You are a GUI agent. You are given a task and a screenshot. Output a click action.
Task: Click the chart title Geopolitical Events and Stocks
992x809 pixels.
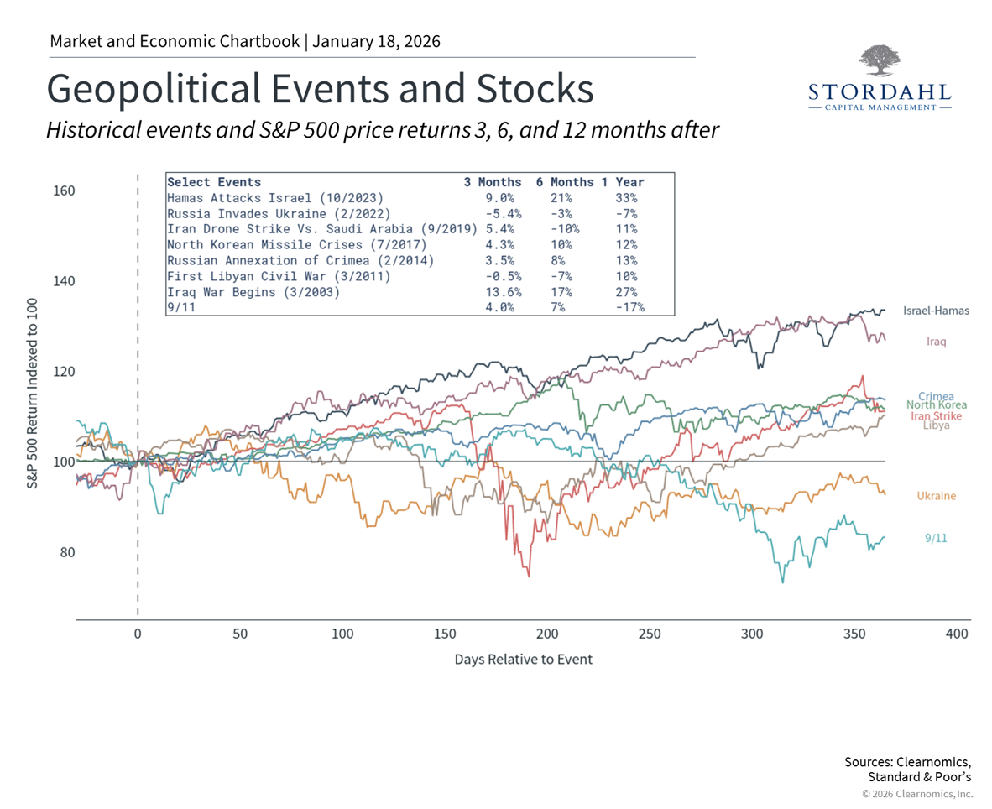click(x=320, y=89)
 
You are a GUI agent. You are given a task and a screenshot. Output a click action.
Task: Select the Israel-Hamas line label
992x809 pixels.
click(x=935, y=311)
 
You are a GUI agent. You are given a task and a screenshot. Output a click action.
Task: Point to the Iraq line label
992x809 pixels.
click(x=937, y=342)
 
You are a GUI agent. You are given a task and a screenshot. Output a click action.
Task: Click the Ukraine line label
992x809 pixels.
click(x=936, y=496)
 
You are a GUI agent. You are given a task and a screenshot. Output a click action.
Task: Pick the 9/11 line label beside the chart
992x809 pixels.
click(x=936, y=538)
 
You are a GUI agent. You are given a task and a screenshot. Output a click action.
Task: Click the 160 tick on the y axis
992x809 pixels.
click(x=65, y=191)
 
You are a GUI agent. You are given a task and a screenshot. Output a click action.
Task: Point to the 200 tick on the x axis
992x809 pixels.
click(x=547, y=634)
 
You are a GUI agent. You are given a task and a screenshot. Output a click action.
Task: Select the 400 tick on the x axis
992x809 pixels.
click(x=957, y=634)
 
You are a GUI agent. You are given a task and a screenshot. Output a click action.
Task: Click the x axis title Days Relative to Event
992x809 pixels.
click(x=523, y=660)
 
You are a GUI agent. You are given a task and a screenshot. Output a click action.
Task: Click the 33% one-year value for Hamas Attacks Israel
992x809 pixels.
click(x=625, y=198)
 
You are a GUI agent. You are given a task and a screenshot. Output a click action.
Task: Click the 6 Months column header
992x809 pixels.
click(x=567, y=182)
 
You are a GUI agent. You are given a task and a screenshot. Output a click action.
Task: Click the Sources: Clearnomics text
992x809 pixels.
click(x=907, y=762)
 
